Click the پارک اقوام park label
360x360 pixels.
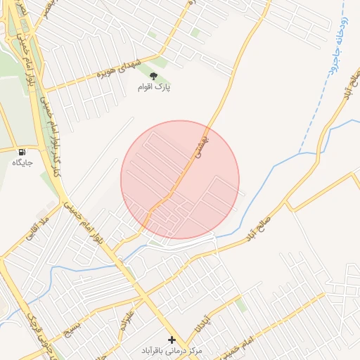click(x=155, y=88)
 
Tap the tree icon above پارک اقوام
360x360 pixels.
click(x=154, y=76)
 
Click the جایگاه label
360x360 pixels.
click(x=22, y=162)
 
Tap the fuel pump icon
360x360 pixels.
click(x=22, y=152)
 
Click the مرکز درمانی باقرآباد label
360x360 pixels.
click(x=170, y=349)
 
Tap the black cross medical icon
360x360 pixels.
click(x=172, y=339)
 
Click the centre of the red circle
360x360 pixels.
click(x=180, y=180)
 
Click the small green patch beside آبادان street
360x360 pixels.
click(x=241, y=304)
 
